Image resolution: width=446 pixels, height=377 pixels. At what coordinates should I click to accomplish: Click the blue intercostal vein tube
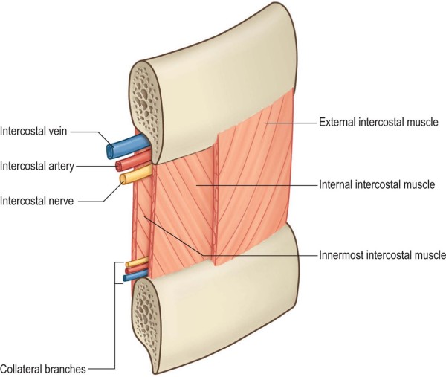tap(119, 149)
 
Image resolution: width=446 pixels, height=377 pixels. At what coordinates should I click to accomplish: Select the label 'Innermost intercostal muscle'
tap(381, 255)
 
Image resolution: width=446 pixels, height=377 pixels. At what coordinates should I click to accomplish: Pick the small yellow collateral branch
tap(136, 263)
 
